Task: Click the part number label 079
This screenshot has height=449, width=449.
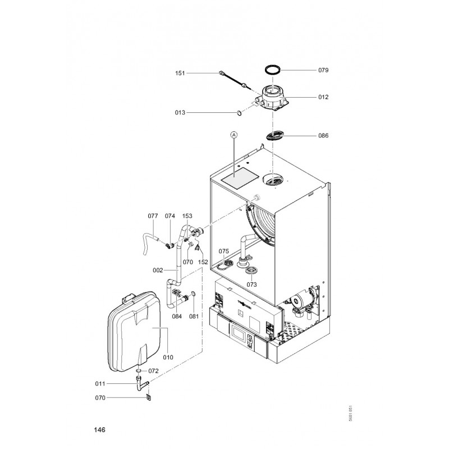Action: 323,70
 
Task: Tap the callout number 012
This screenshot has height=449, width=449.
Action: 323,97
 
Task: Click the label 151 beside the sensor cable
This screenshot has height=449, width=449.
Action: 180,74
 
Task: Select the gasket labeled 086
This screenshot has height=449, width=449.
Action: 275,135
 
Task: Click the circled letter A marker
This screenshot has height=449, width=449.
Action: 234,134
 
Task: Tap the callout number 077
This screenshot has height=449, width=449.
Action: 153,216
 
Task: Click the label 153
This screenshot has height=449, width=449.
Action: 187,216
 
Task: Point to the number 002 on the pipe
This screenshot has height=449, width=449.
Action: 158,271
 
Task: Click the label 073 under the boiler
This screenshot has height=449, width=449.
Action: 251,285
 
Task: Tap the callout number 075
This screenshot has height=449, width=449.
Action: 223,251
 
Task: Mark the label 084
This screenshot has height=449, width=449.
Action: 177,317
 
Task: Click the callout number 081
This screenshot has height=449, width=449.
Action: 194,317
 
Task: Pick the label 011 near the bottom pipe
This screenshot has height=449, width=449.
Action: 100,384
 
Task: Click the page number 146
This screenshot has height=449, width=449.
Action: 100,430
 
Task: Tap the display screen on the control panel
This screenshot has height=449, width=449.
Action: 239,332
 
